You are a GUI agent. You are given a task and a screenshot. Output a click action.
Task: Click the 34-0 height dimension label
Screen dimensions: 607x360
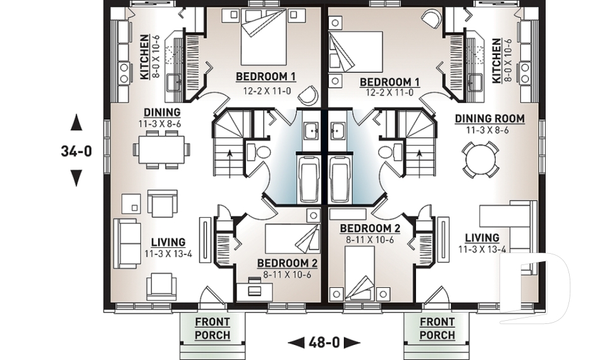point(77,151)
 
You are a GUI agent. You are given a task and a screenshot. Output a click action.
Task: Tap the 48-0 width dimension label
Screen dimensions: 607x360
point(324,342)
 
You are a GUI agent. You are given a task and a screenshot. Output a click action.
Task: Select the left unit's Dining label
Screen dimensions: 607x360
point(162,113)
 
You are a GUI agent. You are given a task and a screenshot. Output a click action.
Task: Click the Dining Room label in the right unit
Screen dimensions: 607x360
point(489,118)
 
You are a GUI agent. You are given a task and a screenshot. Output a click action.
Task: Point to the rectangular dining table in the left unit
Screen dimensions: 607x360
point(161,149)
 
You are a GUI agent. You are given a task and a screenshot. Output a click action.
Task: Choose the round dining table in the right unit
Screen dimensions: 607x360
point(480,159)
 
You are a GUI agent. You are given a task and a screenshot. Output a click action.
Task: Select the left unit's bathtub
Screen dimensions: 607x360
point(309,180)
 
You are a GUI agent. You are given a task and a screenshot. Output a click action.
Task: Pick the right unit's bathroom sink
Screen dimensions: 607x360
point(338,131)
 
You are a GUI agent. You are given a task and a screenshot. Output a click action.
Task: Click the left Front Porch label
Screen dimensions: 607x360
point(212,328)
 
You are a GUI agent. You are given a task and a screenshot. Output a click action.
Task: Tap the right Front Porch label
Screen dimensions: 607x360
point(437,328)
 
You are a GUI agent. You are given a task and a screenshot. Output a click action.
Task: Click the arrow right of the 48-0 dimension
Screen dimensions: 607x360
point(352,342)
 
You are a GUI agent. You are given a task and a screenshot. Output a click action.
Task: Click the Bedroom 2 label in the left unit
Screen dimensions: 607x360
point(287,263)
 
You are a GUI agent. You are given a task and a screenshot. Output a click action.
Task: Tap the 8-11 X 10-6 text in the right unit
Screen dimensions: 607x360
point(370,240)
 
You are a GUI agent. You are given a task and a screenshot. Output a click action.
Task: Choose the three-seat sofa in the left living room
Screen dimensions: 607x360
point(127,244)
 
